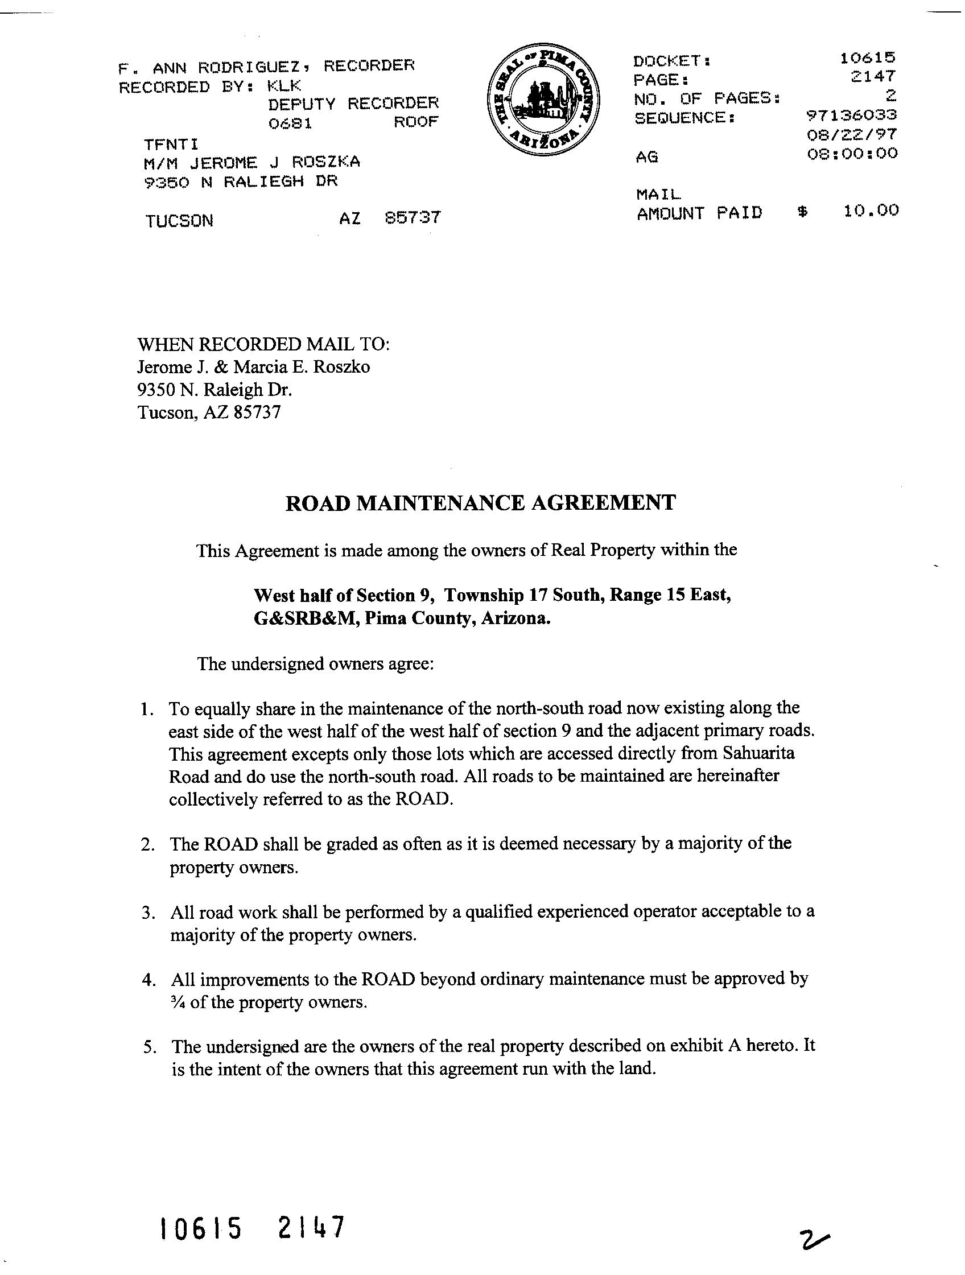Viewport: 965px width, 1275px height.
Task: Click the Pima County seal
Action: point(542,100)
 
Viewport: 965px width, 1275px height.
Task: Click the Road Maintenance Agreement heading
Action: point(480,503)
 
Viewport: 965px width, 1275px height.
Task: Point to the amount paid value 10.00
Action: point(871,211)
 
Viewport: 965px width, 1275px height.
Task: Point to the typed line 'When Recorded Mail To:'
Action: point(263,345)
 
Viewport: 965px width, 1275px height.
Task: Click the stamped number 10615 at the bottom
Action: point(200,1228)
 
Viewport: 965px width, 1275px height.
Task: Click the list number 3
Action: point(146,913)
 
